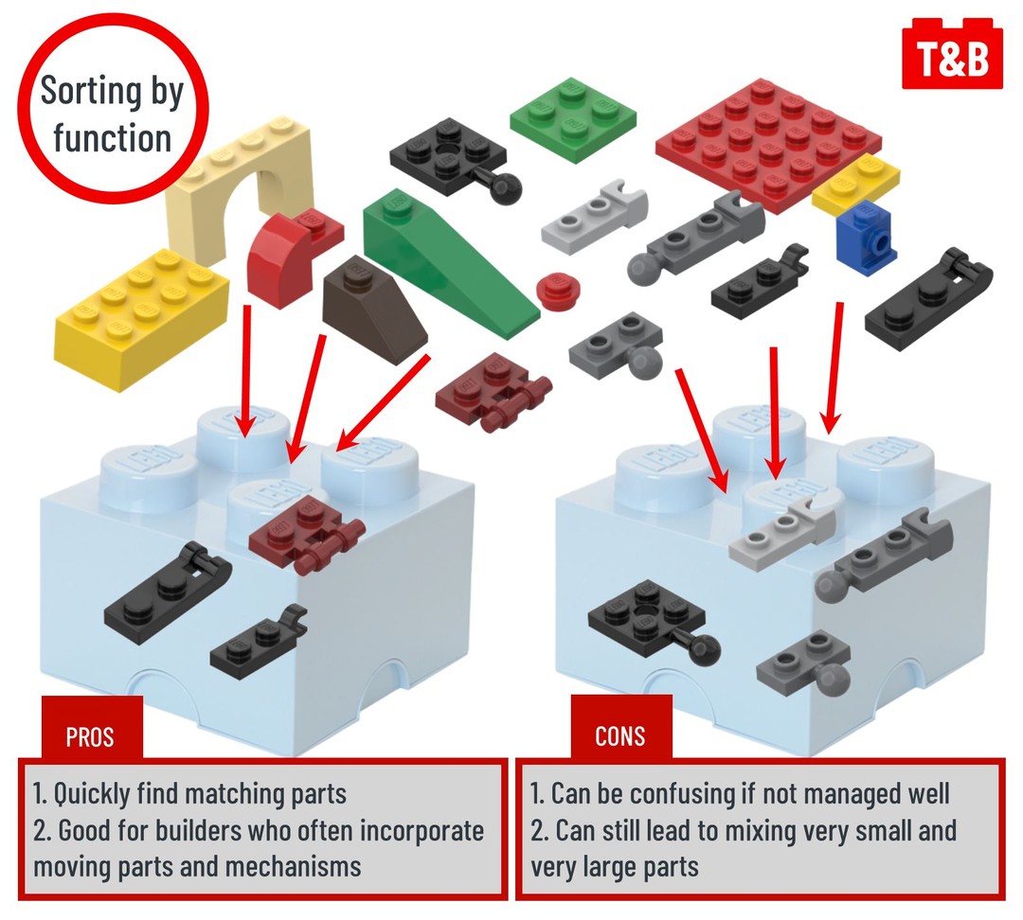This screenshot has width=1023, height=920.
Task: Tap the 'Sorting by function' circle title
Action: coord(112,115)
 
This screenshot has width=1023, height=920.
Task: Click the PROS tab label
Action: coord(92,734)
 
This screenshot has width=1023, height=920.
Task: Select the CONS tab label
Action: coord(620,735)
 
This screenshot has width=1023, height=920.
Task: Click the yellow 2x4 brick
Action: coord(141,305)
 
